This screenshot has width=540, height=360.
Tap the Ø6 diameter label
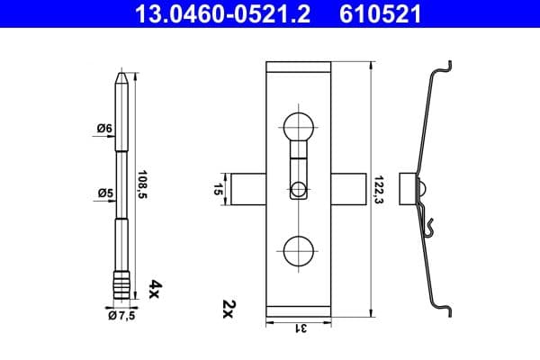[103, 129]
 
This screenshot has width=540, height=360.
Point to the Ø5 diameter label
[103, 192]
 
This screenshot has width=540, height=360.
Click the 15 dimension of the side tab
[217, 189]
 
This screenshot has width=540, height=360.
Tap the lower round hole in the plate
[299, 252]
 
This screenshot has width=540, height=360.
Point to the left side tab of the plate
[248, 189]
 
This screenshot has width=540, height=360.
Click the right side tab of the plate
[348, 189]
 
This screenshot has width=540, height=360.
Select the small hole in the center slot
[298, 189]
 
